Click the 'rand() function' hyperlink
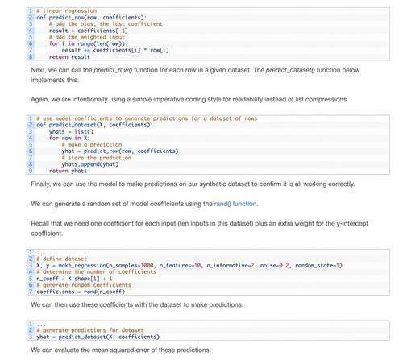click(x=235, y=204)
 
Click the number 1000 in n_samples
click(x=147, y=266)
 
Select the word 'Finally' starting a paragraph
click(x=40, y=184)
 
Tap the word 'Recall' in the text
click(x=39, y=223)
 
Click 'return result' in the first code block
click(x=69, y=57)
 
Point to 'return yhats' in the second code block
click(x=68, y=171)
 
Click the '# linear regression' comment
click(x=67, y=11)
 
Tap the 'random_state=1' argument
click(x=318, y=266)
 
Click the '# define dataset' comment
click(x=62, y=259)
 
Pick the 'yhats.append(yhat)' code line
click(x=90, y=164)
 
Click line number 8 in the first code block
click(x=31, y=57)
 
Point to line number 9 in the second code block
click(x=31, y=171)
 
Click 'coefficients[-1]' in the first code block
click(x=102, y=31)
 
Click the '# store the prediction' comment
click(x=97, y=158)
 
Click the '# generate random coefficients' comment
click(x=84, y=285)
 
